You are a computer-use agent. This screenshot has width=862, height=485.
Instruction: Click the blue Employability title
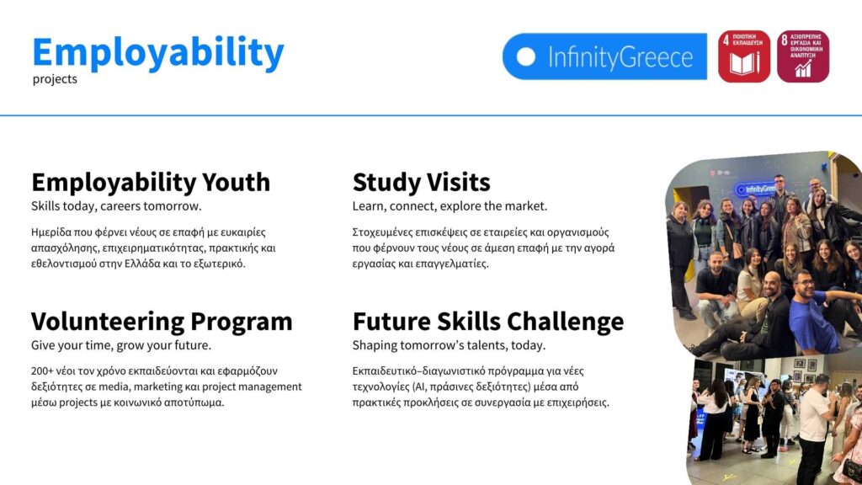[158, 53]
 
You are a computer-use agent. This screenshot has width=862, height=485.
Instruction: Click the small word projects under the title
[55, 79]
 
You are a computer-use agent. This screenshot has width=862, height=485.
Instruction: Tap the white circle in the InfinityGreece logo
[525, 56]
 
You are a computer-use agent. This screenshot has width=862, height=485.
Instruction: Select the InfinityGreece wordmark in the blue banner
[620, 57]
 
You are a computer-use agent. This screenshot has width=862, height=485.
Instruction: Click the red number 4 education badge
[744, 56]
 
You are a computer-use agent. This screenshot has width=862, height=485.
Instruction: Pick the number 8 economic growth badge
[803, 56]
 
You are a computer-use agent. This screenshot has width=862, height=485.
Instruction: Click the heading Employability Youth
[151, 183]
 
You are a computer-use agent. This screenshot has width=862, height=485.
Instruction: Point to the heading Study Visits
[421, 183]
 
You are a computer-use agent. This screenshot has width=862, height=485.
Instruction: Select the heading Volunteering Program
[162, 322]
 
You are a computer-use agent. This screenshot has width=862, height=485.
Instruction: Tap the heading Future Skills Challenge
[488, 322]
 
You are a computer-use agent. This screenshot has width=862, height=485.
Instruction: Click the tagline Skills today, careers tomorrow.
[116, 206]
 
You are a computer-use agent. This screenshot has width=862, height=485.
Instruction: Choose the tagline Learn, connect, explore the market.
[450, 206]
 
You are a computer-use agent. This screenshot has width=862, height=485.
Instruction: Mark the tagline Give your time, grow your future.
[121, 345]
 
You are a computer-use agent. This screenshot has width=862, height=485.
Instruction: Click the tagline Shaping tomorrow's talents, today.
[450, 345]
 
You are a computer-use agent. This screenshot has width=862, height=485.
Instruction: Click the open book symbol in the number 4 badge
[744, 64]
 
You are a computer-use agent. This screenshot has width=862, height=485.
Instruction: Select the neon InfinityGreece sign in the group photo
[755, 189]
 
